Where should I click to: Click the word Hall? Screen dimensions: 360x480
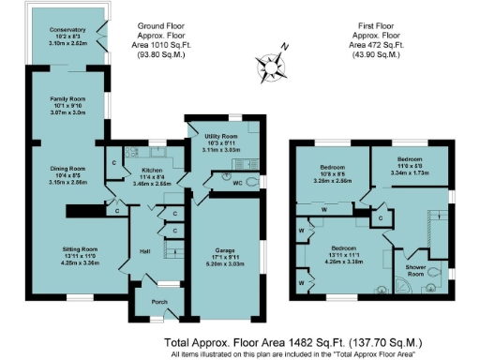coord(143,252)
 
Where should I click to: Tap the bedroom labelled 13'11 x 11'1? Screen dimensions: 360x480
coord(331,250)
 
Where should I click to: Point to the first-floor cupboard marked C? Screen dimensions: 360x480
coord(380,218)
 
